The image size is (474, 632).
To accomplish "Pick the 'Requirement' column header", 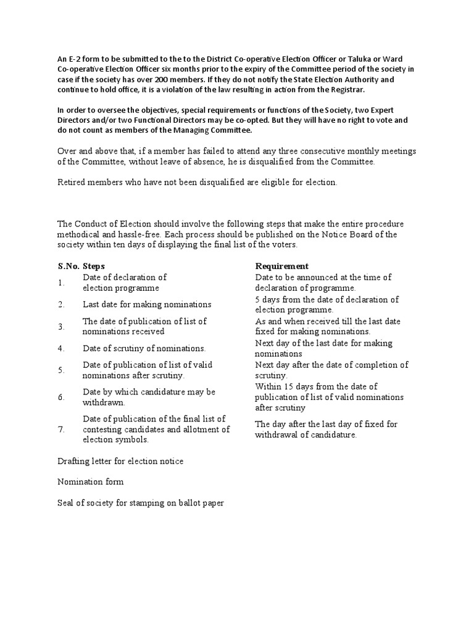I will click(282, 266).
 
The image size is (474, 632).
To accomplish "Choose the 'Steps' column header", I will click(94, 266).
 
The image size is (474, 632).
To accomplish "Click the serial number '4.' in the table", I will click(61, 348).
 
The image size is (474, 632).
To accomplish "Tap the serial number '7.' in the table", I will click(61, 430).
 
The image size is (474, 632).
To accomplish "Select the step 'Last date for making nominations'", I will click(147, 304).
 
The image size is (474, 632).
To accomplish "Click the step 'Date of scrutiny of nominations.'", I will click(144, 348).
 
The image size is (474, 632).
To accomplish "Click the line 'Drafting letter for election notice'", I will click(120, 461).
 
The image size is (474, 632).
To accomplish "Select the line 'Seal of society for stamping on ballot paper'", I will click(141, 503).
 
